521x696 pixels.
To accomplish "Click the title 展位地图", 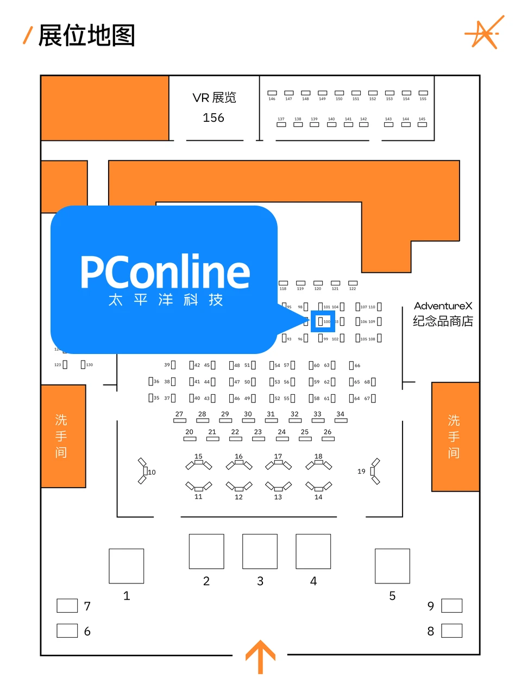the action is tap(86, 36).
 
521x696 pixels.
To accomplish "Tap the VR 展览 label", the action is tap(214, 98).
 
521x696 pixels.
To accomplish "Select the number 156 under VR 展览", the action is tap(214, 118).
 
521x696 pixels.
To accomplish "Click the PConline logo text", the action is tap(165, 272).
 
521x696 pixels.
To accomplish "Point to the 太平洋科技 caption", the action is tap(165, 300).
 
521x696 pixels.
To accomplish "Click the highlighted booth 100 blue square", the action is tap(323, 321).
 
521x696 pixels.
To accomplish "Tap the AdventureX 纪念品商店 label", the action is tap(443, 314).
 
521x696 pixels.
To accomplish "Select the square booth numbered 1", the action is tap(127, 566).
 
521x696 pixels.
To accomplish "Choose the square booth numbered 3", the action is tap(260, 551).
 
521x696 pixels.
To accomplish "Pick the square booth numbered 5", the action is tap(392, 566).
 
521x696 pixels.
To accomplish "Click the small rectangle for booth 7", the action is tap(67, 606).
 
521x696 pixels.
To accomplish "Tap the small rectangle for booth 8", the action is tap(451, 631).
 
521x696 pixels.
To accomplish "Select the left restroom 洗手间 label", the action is tap(61, 436).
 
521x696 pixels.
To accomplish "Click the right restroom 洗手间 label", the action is tap(454, 437).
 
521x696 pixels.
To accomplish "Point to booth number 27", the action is tap(179, 414).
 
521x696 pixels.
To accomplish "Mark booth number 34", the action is tap(340, 414).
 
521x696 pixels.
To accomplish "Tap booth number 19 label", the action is tap(361, 471).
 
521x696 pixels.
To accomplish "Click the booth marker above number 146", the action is tap(272, 93).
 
